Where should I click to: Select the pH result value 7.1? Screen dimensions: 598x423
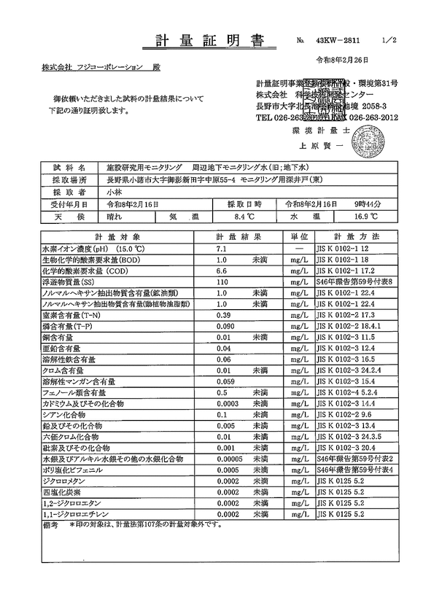[222, 249]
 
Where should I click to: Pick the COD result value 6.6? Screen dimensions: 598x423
[222, 270]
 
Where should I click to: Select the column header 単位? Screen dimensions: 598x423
[298, 238]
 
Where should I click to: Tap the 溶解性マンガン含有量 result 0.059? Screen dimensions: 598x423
[226, 381]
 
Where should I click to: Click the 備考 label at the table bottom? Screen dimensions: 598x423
[52, 524]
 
